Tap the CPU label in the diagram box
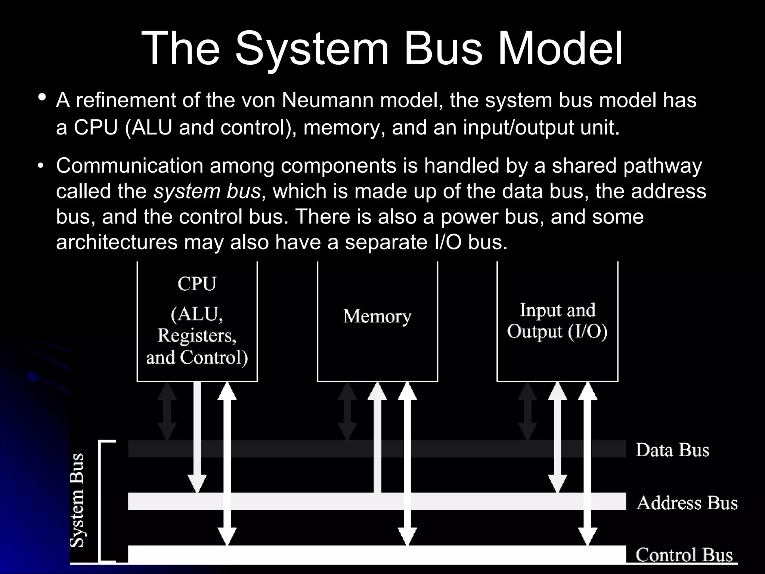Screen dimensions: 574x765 197,284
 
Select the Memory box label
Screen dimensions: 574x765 377,317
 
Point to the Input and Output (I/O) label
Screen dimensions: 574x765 557,321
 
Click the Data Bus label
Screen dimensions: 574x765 672,450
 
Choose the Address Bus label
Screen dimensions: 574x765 687,503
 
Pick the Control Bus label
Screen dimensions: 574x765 684,555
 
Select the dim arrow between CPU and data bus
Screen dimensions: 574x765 167,411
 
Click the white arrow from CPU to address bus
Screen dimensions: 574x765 197,437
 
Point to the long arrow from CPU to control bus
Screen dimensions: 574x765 227,463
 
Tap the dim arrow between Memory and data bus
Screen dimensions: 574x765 347,411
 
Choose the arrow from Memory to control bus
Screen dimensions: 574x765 407,463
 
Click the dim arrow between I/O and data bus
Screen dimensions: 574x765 527,411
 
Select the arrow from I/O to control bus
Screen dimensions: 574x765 588,463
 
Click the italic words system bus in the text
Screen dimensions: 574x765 207,191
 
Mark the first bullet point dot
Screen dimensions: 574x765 42,98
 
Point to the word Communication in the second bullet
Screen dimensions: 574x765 129,166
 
